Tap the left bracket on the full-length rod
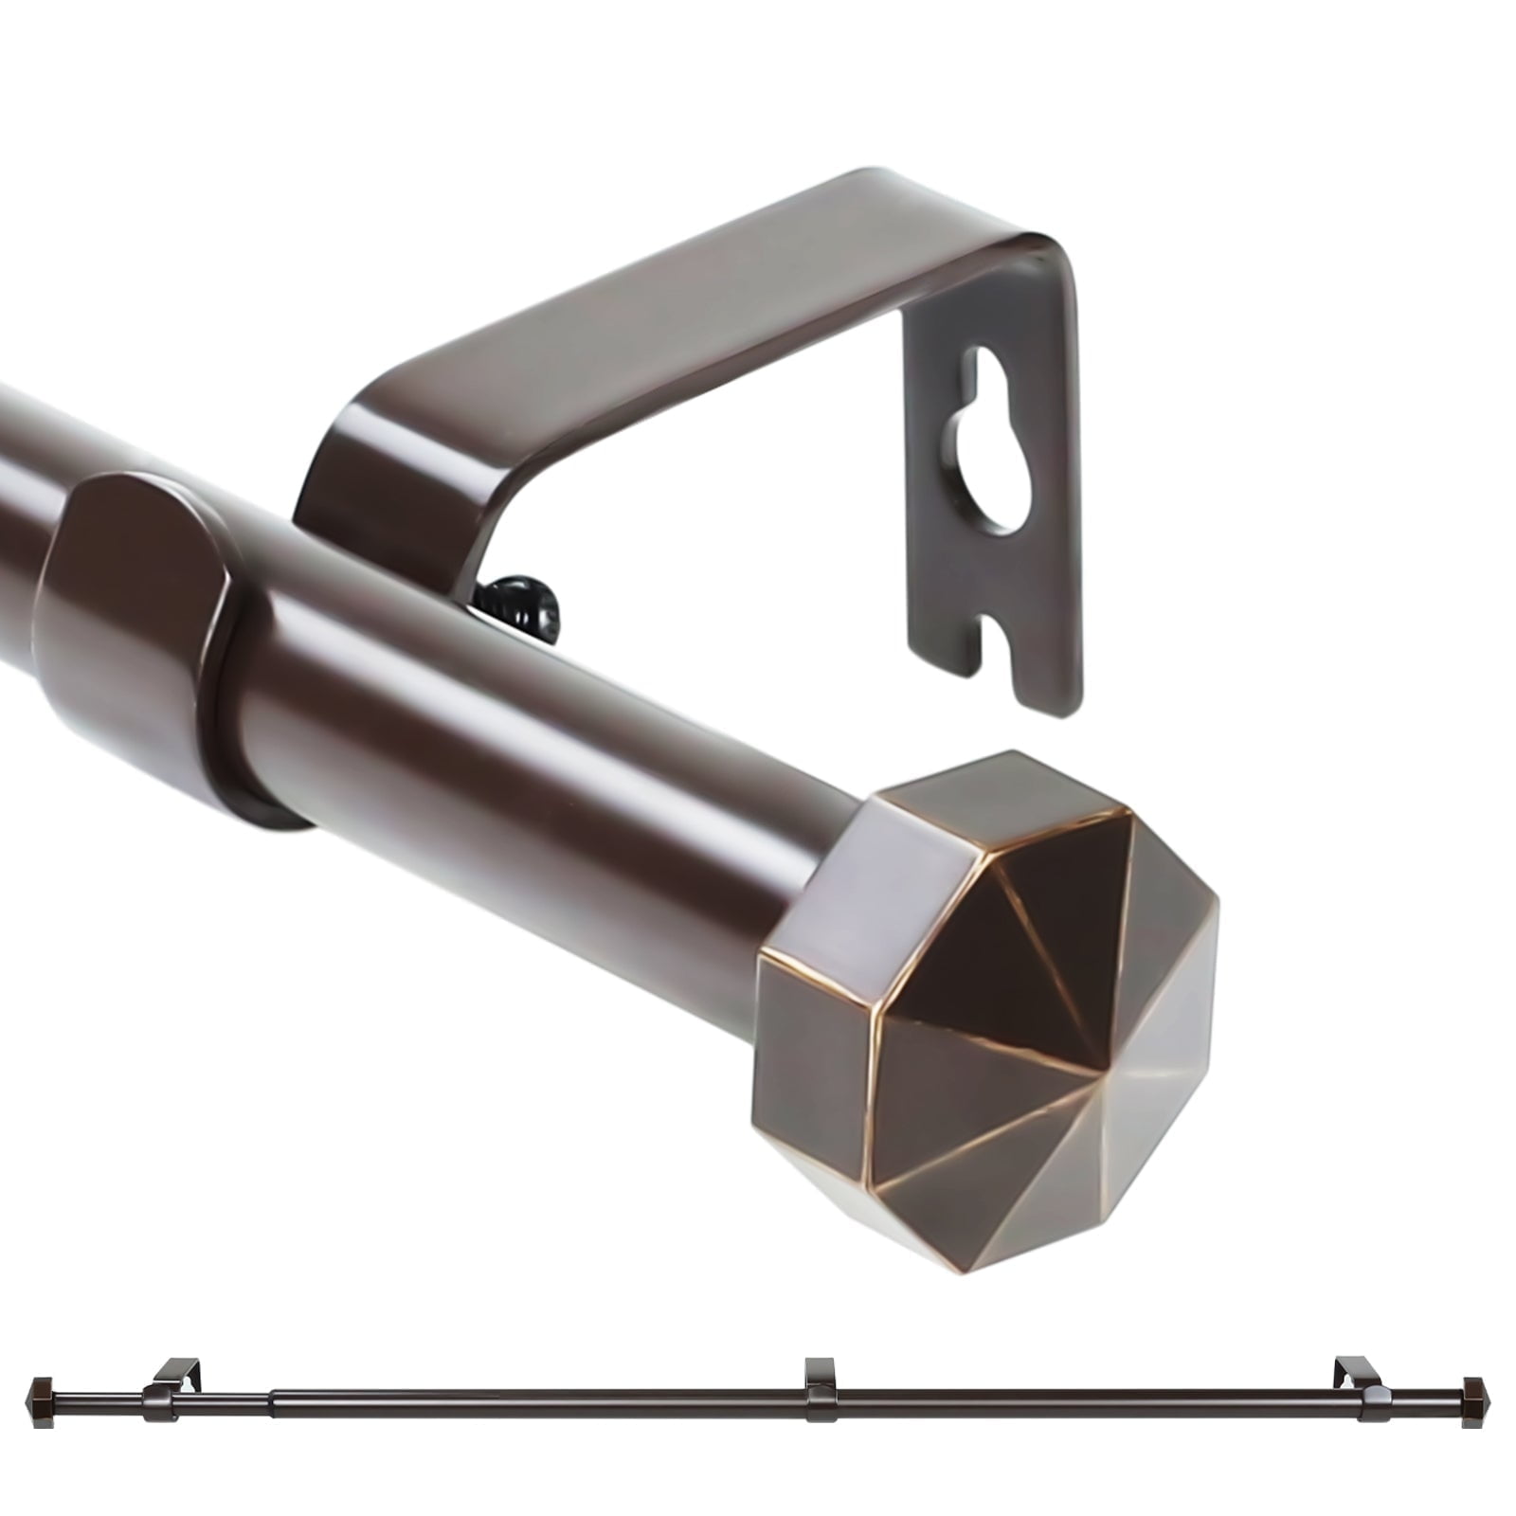pyautogui.click(x=171, y=1383)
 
